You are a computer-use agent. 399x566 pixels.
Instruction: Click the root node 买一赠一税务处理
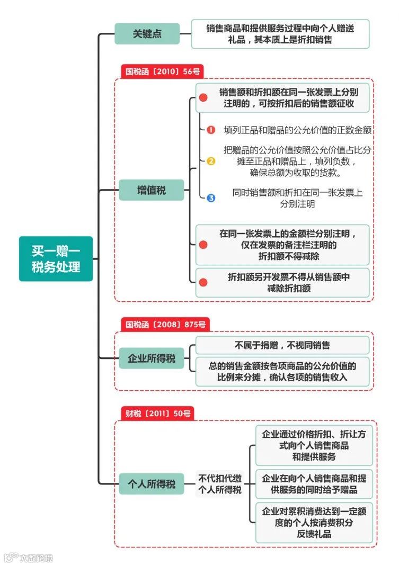56,259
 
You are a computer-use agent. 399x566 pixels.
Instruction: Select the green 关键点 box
147,34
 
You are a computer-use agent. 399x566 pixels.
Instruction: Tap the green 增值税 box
151,190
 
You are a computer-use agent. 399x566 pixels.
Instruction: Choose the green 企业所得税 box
151,358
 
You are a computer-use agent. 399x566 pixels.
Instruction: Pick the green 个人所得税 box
151,484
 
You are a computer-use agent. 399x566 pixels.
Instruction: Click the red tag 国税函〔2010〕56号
162,71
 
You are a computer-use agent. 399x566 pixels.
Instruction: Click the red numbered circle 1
211,130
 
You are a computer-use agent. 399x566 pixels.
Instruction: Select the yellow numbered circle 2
211,161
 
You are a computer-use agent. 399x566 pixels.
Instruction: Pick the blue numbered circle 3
211,198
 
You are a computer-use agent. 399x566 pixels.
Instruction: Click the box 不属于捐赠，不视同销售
282,345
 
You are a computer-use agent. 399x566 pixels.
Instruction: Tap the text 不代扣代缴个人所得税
219,484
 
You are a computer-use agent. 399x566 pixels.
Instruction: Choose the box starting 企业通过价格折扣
314,445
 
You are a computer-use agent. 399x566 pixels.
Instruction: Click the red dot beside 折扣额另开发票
203,283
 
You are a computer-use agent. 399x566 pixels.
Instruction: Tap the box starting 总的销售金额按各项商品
282,371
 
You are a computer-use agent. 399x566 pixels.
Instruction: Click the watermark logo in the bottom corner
9,558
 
